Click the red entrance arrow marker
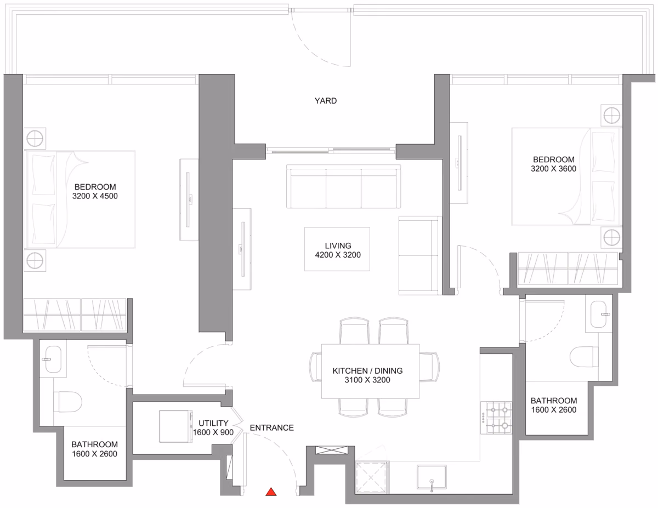pos(271,492)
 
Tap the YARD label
pos(326,101)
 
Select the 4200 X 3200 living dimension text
pos(338,255)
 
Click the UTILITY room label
pos(213,423)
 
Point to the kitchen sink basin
pos(432,477)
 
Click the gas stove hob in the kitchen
pos(498,418)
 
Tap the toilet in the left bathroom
pos(67,402)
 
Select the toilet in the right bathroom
pos(584,357)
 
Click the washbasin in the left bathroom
pos(53,359)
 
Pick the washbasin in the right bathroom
pos(599,314)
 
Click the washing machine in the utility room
pos(176,426)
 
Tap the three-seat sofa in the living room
pos(344,186)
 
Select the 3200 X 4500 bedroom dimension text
pos(95,196)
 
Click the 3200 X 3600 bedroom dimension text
pos(553,169)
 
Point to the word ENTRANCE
pos(271,427)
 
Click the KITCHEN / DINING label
pos(367,370)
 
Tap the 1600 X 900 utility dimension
pos(213,432)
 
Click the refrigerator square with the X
pos(371,478)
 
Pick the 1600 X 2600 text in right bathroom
pos(553,410)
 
